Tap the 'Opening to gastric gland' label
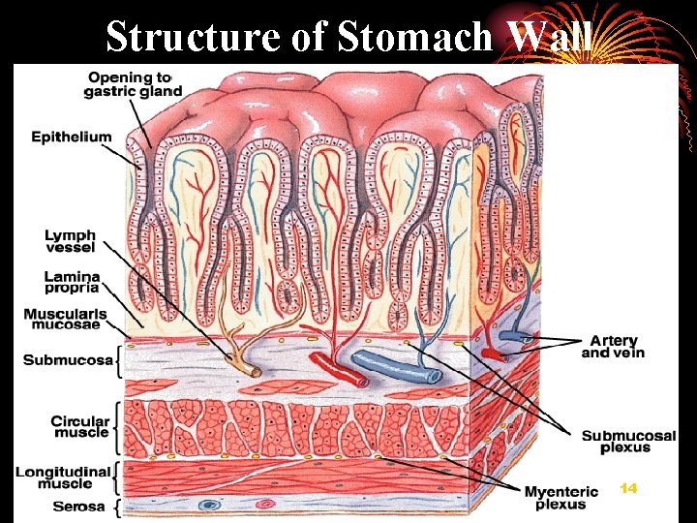click(135, 84)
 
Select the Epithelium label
click(71, 138)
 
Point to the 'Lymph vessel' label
click(70, 241)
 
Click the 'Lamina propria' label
click(71, 282)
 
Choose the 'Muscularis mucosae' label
click(65, 319)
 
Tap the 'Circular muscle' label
click(79, 426)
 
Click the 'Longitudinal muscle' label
click(66, 477)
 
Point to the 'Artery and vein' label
click(612, 347)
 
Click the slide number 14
click(628, 488)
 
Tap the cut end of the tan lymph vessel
click(254, 371)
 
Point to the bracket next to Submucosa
click(119, 360)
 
